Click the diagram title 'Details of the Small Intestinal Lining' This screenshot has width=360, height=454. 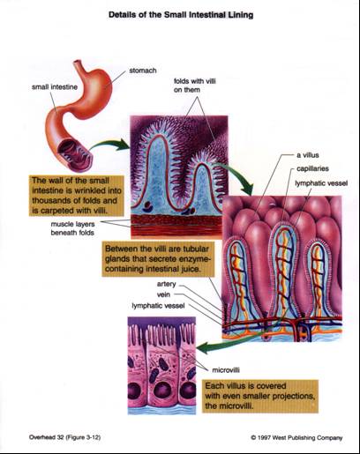(x=181, y=15)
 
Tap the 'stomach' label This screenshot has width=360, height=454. (x=143, y=71)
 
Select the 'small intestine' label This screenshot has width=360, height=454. (x=55, y=87)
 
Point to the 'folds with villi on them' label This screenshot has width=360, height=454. (x=195, y=86)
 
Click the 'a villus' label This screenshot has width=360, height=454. (x=308, y=155)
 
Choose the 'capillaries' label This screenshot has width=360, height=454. (x=312, y=168)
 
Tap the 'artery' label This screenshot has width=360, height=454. (x=167, y=284)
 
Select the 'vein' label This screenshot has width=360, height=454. (x=163, y=294)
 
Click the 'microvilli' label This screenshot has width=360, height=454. (x=226, y=370)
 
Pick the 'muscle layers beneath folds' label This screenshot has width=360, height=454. (x=72, y=228)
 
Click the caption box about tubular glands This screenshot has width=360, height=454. (x=158, y=259)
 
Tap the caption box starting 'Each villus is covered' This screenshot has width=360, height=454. (x=260, y=396)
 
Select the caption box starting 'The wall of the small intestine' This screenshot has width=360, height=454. (x=77, y=196)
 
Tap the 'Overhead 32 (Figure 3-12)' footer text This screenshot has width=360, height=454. (x=64, y=437)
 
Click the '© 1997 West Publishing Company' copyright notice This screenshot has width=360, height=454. (x=296, y=438)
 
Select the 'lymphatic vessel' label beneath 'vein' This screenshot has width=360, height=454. (x=158, y=306)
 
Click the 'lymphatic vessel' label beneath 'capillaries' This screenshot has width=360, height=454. (x=321, y=183)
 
